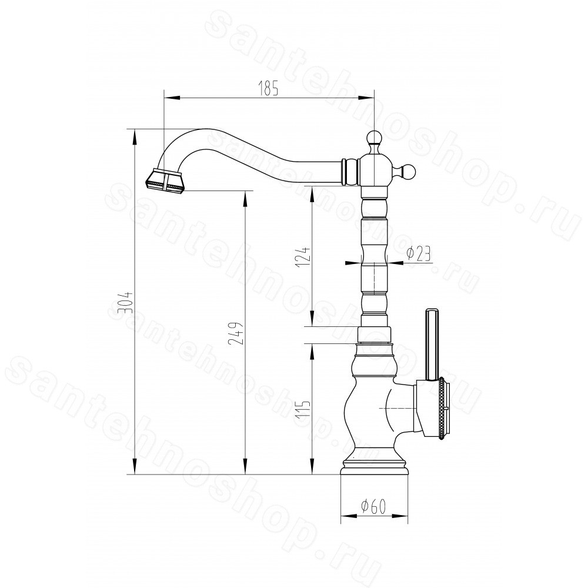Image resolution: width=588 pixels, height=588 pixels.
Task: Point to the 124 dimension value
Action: (x=303, y=256)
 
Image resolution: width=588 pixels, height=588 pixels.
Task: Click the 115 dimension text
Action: (x=303, y=412)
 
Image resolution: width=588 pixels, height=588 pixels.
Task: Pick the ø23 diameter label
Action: (x=417, y=254)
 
